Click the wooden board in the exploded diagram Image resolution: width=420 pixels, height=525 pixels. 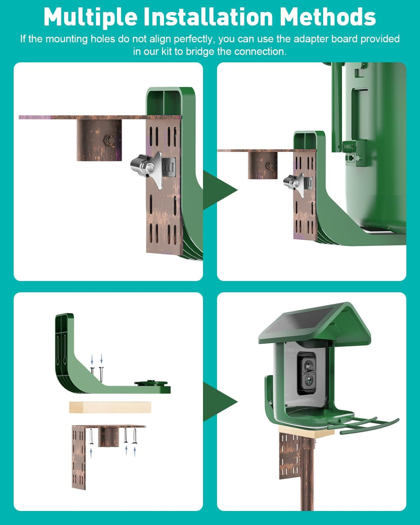point(110,407)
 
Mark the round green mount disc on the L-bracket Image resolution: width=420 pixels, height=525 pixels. point(152,384)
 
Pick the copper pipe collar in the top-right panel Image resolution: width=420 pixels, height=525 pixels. point(262,165)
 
